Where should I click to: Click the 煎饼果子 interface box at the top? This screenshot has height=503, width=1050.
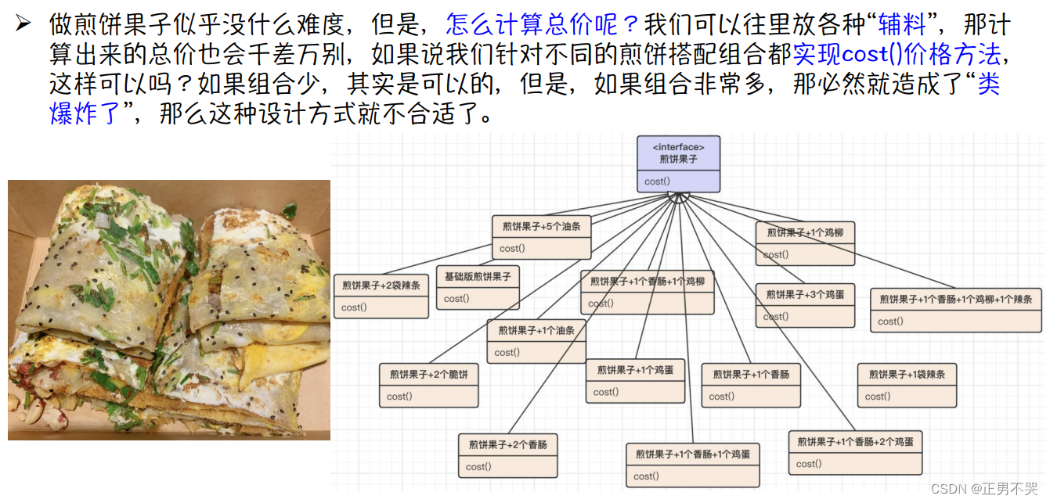[678, 164]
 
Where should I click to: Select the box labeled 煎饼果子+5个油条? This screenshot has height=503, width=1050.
[541, 237]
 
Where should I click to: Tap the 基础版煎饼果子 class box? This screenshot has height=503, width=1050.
[477, 287]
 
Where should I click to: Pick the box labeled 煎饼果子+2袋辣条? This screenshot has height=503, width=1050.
[381, 296]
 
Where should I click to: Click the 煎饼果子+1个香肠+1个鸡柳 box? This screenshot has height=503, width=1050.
[647, 292]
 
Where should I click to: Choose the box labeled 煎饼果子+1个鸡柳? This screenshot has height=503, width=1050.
[805, 243]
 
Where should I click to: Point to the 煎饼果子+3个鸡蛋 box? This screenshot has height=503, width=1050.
[805, 305]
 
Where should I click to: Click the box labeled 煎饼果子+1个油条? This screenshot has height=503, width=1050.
[536, 341]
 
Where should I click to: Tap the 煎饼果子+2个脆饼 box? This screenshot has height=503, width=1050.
[428, 385]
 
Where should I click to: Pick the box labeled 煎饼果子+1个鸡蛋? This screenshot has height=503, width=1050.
[635, 380]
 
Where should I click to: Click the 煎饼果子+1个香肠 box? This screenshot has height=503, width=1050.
[751, 385]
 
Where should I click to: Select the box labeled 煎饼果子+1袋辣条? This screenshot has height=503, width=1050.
[907, 385]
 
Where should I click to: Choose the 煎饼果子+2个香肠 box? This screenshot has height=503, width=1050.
[507, 455]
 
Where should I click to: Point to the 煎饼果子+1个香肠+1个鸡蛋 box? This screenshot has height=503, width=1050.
[692, 465]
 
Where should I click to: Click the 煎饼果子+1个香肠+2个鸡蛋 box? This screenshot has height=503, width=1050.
[855, 452]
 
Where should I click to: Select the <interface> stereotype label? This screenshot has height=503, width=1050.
[678, 146]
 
